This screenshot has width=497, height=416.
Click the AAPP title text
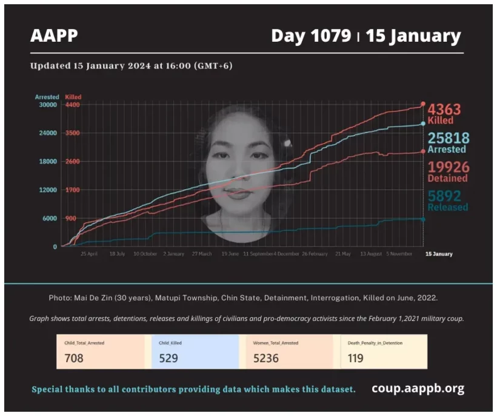point(54,36)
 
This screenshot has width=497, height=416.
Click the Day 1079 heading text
point(310,36)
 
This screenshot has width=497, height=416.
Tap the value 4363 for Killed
point(444,110)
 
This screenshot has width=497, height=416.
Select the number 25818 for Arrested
point(449,139)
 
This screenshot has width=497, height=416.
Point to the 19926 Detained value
point(448,167)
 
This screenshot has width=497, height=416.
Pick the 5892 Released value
point(444,196)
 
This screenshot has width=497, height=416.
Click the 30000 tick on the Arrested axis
point(48,105)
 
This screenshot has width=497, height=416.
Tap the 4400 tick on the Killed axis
point(73,105)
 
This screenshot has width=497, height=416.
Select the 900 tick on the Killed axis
point(71,219)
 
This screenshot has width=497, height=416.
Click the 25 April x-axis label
point(89,254)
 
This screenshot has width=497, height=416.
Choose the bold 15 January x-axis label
point(439,254)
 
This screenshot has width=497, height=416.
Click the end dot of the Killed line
point(423,104)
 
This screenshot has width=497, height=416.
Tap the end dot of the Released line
point(423,219)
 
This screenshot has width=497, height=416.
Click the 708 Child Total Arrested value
point(74,358)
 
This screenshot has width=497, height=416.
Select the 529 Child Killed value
point(168,358)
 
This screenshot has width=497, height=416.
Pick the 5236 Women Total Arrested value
point(266,358)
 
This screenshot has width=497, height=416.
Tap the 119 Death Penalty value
point(356,358)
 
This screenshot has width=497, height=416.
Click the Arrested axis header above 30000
point(47,97)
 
